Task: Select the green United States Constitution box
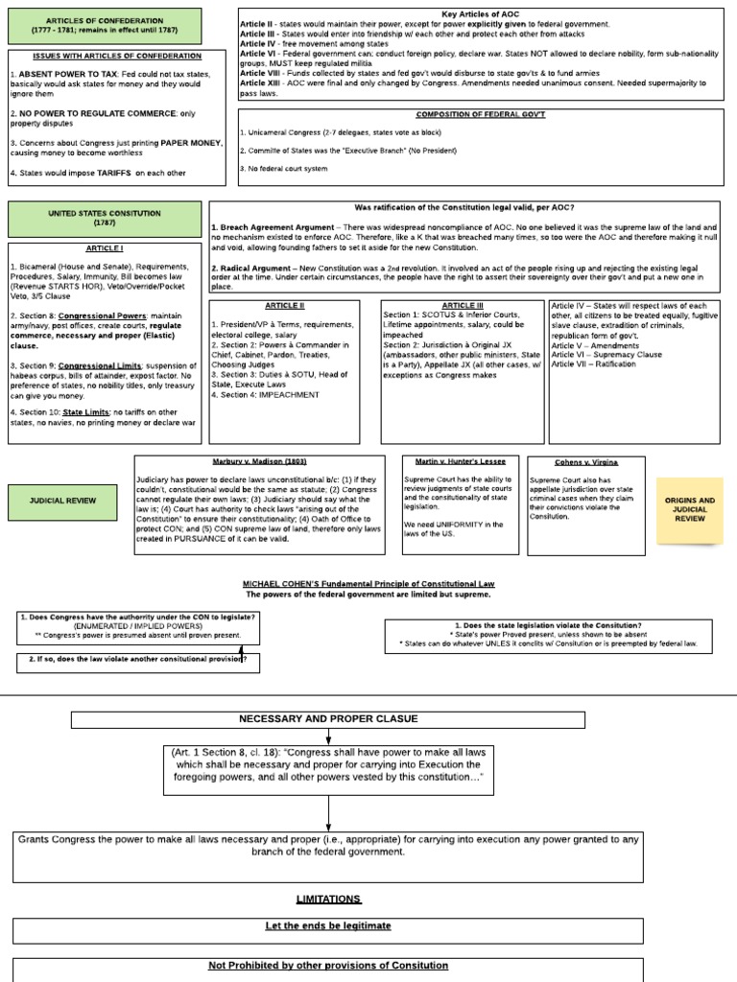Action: coord(105,218)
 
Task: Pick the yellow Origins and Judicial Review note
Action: coord(690,509)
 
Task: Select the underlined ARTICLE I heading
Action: coord(105,247)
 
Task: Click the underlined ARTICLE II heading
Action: coord(284,306)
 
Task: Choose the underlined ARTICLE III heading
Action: coord(464,306)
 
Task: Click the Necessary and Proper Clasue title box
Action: coord(328,719)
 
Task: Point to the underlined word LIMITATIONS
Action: coord(328,899)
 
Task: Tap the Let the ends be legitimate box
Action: coord(328,926)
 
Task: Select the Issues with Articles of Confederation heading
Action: coord(105,57)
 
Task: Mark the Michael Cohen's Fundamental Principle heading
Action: coord(369,583)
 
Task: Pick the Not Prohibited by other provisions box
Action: coord(328,966)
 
